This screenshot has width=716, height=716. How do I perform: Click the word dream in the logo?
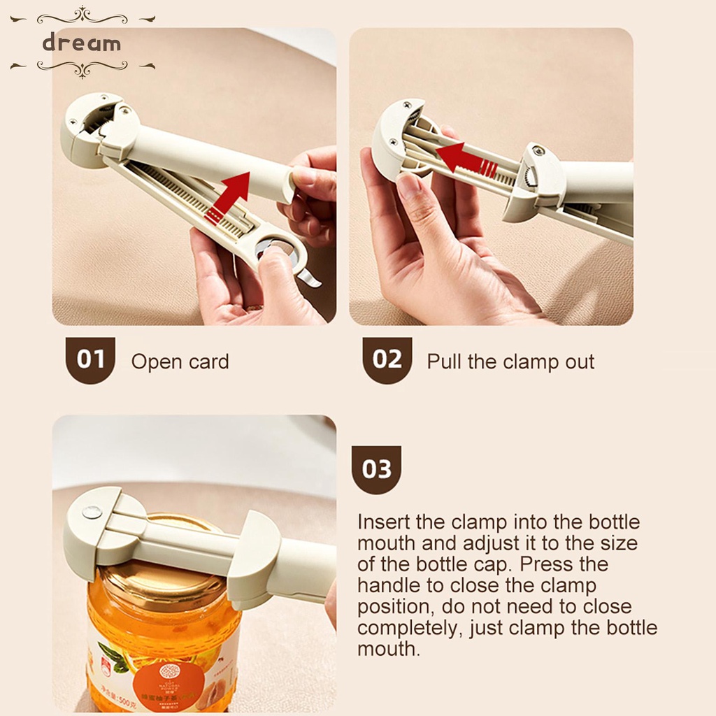(x=82, y=43)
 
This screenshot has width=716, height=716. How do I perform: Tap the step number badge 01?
(x=90, y=360)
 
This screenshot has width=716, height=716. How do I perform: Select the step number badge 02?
(x=387, y=360)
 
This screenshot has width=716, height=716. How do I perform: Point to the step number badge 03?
(x=376, y=469)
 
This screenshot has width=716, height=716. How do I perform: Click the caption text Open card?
(x=180, y=362)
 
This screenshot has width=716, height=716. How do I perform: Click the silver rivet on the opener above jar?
(x=92, y=513)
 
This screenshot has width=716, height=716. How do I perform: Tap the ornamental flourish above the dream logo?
(x=82, y=16)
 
